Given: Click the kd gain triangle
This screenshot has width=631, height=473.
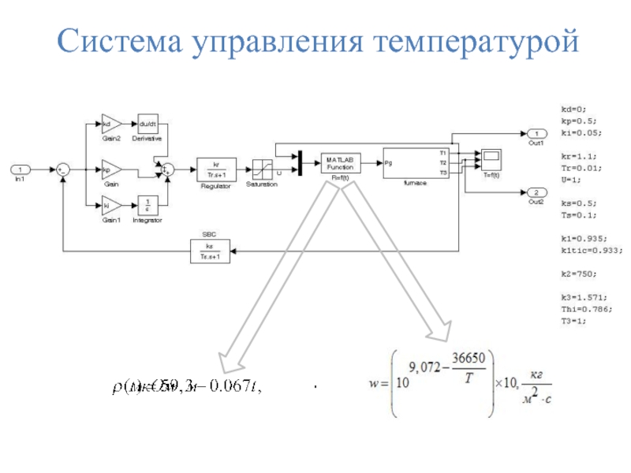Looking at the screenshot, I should (110, 124).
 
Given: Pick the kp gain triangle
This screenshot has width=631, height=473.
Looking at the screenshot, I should (110, 169).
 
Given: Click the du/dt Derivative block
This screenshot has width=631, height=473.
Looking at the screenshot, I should (148, 124).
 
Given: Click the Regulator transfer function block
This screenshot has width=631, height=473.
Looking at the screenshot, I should (215, 169).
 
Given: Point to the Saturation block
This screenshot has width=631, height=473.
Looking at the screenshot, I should (263, 169).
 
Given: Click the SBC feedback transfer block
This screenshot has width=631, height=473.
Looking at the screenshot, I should (208, 251).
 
